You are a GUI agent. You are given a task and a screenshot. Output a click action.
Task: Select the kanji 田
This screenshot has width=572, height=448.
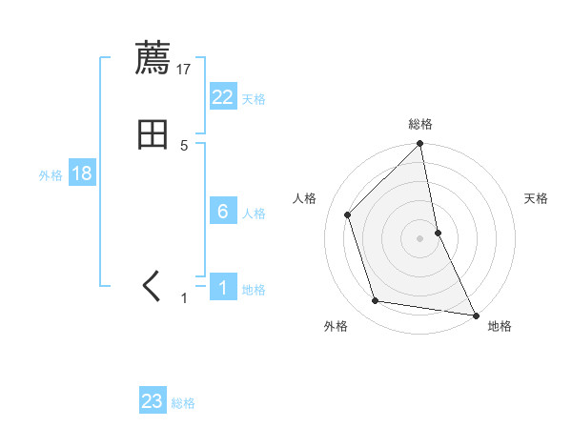tap(153, 135)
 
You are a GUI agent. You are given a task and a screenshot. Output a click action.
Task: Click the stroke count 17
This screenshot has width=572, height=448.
tap(185, 69)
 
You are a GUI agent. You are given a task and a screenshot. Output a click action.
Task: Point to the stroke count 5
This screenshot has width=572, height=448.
tap(185, 146)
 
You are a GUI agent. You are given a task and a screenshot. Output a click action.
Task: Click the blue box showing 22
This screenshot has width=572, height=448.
tap(223, 97)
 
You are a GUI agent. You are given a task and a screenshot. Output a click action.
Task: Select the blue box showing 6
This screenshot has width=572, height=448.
tap(223, 212)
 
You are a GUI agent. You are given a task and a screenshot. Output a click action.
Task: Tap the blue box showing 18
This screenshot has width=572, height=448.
tap(81, 174)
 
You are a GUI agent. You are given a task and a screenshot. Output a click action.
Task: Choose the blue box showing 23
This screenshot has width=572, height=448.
tap(153, 401)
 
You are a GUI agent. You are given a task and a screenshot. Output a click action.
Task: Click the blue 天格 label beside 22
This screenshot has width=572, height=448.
tap(254, 99)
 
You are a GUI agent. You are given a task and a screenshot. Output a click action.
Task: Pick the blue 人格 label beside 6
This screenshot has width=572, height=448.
tap(254, 214)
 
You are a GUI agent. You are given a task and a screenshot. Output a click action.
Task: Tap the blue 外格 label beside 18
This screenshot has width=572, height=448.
tap(51, 175)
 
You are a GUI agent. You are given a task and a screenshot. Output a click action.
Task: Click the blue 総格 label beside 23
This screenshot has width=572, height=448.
tap(183, 403)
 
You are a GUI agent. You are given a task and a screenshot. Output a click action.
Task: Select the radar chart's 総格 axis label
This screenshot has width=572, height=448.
tap(420, 124)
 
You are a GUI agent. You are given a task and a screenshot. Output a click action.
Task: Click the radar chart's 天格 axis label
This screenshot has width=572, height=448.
tap(537, 198)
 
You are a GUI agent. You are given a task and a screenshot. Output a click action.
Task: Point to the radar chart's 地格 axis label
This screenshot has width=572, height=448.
tap(500, 326)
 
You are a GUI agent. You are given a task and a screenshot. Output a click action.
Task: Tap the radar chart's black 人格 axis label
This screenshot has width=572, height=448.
tap(305, 198)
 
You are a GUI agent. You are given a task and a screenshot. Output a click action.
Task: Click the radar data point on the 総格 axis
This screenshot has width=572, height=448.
tap(420, 145)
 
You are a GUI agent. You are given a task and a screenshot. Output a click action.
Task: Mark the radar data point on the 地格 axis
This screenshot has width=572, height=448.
tap(476, 315)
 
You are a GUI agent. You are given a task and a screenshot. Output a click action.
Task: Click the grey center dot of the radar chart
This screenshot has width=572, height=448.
tap(420, 237)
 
